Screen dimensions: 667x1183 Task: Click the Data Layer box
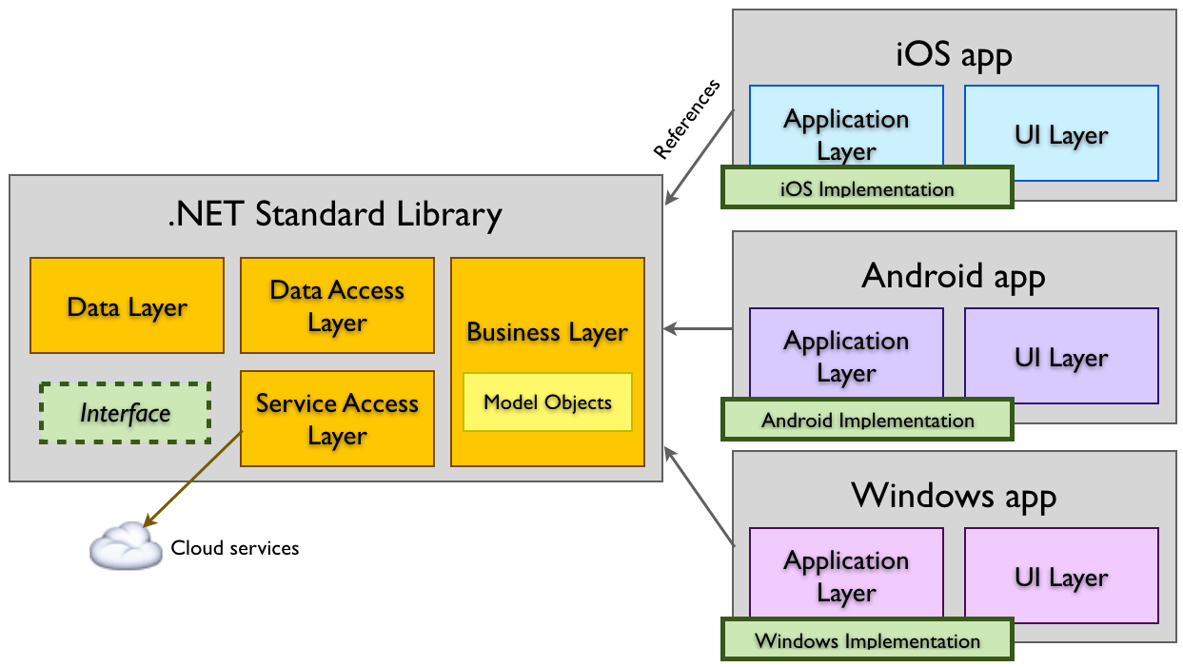click(x=127, y=305)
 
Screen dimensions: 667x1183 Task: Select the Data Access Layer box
click(x=337, y=305)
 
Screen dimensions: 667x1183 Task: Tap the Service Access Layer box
click(x=337, y=419)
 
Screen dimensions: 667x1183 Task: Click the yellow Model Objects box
click(x=547, y=402)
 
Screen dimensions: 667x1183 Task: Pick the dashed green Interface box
click(x=125, y=413)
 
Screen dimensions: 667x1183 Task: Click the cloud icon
click(x=126, y=546)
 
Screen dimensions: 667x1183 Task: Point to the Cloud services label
click(x=235, y=548)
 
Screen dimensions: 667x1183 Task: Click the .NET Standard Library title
click(x=334, y=214)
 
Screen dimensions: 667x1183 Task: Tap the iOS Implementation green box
click(x=866, y=187)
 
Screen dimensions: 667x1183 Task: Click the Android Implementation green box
click(x=866, y=420)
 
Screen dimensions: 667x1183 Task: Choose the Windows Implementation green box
click(x=866, y=639)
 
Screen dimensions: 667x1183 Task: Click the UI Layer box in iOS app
click(x=1061, y=134)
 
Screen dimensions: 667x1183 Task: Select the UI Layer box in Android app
click(x=1061, y=357)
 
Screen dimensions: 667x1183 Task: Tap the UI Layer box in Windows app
click(x=1061, y=577)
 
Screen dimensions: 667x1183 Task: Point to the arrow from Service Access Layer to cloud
click(x=192, y=478)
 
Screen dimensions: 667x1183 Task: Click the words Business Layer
click(x=547, y=332)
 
